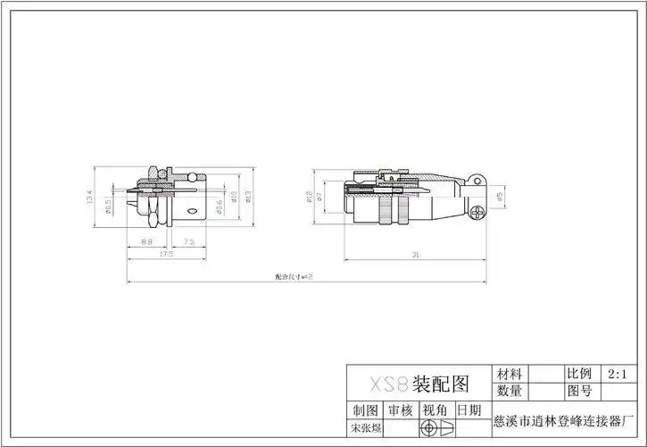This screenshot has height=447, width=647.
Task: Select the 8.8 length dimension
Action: [146, 241]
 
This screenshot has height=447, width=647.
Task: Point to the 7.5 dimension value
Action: [190, 241]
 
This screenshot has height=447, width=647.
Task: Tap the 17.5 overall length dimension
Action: [166, 255]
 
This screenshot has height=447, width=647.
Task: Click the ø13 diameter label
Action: [247, 197]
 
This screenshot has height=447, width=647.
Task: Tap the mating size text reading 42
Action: [293, 277]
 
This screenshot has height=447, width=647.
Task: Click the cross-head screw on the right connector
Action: [479, 213]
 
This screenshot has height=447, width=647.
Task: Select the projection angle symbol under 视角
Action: [435, 429]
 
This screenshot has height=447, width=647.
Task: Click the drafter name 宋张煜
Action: [366, 429]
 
